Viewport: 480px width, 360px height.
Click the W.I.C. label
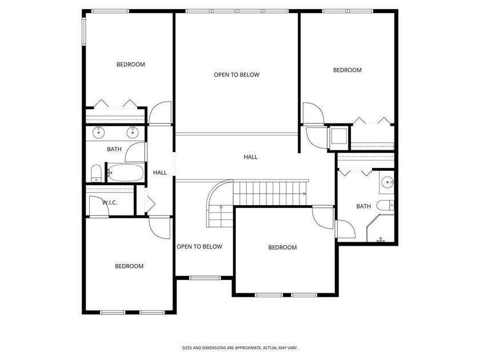click(110, 203)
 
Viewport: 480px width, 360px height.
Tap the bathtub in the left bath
click(126, 173)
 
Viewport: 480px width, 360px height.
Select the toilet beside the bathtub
click(97, 174)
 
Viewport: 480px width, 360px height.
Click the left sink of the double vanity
click(98, 132)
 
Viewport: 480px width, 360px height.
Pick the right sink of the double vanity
click(133, 132)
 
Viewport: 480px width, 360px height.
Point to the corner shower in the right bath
click(381, 228)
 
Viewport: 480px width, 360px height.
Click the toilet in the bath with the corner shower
click(385, 205)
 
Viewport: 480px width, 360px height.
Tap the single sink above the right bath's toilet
click(387, 183)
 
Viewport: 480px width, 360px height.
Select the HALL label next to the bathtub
click(160, 173)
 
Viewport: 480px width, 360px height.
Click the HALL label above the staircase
click(250, 157)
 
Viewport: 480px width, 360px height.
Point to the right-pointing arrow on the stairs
click(304, 194)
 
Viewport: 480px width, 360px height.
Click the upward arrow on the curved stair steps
click(221, 208)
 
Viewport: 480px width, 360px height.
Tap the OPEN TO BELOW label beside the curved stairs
click(199, 247)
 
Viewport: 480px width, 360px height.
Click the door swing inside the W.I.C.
click(99, 206)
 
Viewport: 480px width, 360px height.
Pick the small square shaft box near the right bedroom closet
click(339, 137)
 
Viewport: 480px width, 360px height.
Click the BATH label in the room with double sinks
click(114, 149)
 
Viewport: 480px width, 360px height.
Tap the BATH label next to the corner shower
click(363, 206)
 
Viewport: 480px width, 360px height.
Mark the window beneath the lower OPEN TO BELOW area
click(205, 278)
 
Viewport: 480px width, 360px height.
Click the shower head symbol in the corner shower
click(381, 239)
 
